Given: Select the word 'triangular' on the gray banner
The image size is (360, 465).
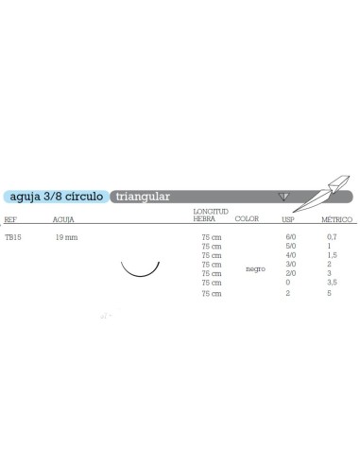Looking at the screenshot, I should pyautogui.click(x=143, y=197).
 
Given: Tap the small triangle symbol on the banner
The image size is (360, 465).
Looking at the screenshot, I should pyautogui.click(x=282, y=196).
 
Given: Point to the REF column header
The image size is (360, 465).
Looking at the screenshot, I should pyautogui.click(x=10, y=217).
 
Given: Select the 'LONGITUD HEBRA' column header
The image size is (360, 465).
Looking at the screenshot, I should pyautogui.click(x=210, y=215).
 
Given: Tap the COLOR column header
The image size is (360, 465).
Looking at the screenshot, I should pyautogui.click(x=246, y=217).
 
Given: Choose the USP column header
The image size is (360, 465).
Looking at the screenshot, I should pyautogui.click(x=289, y=217).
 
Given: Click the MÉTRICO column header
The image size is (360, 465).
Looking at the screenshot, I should pyautogui.click(x=333, y=217).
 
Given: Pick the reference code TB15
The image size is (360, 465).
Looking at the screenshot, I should pyautogui.click(x=12, y=238).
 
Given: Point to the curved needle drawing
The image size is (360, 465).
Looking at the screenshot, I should pyautogui.click(x=140, y=269).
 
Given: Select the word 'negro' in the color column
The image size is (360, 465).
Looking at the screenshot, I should pyautogui.click(x=254, y=269).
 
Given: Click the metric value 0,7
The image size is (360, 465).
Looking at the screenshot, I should pyautogui.click(x=330, y=238).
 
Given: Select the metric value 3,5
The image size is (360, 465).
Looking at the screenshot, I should pyautogui.click(x=331, y=283).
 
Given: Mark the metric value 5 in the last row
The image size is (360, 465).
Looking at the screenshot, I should pyautogui.click(x=328, y=295).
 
